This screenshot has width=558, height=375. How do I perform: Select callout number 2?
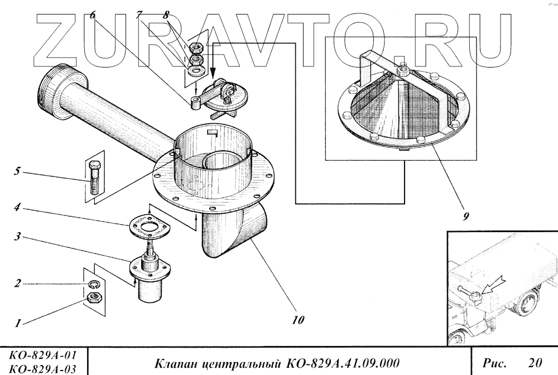[x=17, y=283]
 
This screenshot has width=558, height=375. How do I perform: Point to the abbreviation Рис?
[x=494, y=363]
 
